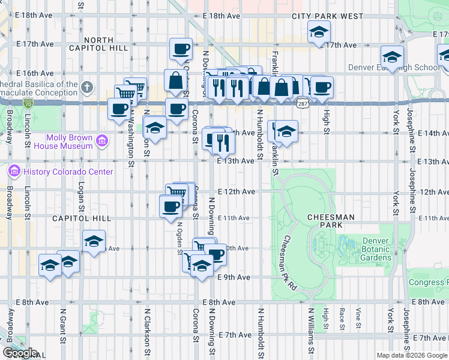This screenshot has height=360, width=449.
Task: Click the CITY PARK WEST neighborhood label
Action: point(328,16)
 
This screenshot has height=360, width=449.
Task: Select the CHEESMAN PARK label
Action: point(331,221)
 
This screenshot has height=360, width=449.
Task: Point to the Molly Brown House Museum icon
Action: point(101,142)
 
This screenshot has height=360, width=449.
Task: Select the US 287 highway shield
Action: point(302,104)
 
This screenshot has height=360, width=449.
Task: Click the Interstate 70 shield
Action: point(29,104)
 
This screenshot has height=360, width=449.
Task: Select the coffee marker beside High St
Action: point(322,87)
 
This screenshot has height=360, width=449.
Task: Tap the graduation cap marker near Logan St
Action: point(94,242)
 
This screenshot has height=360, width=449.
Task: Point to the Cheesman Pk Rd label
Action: point(288,265)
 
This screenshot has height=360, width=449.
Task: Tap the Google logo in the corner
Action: point(20,353)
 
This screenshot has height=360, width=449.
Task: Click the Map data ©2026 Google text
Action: point(412,355)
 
